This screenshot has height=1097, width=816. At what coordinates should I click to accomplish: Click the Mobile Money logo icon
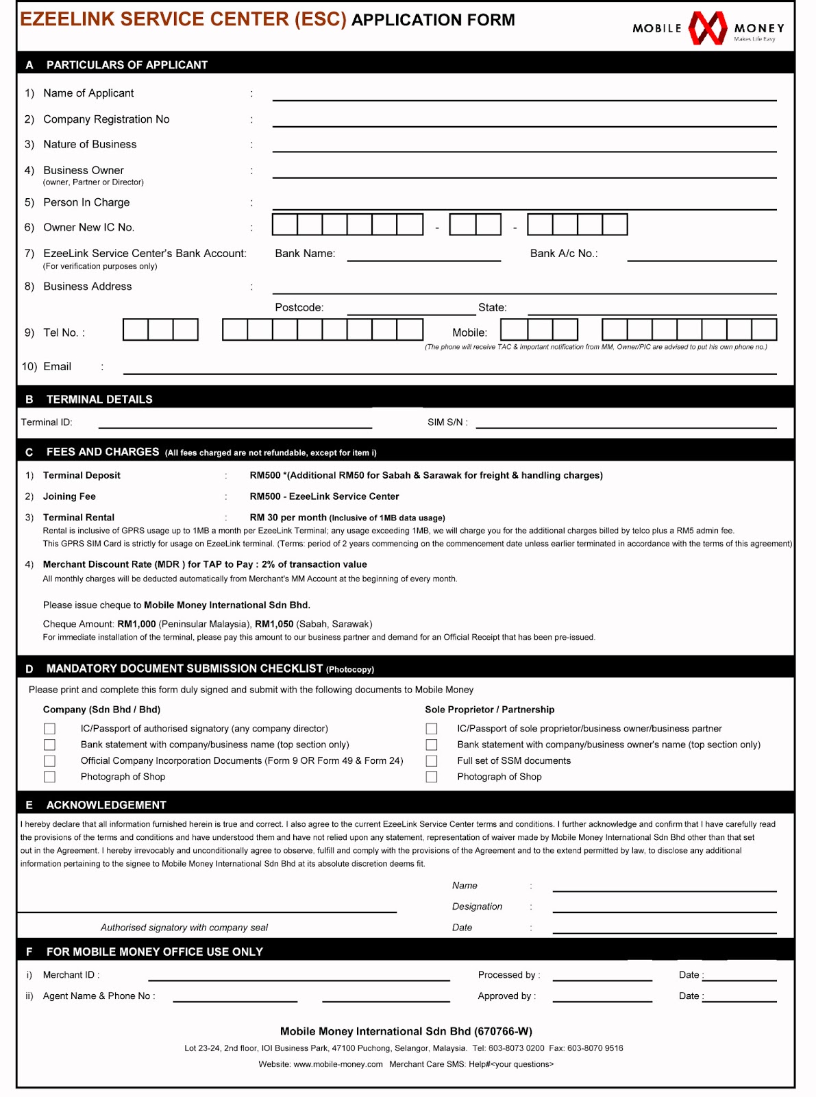click(707, 28)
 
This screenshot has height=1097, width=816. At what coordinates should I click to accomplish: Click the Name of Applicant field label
click(88, 93)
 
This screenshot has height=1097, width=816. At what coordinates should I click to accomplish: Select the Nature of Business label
click(90, 145)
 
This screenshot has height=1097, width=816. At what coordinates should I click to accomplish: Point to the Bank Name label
click(305, 254)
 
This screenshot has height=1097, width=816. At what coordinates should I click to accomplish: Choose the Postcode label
click(299, 308)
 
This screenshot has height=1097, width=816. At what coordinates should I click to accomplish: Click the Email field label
click(57, 367)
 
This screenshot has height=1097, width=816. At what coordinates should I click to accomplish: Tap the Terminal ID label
click(46, 422)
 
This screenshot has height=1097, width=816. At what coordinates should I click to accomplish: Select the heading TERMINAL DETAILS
click(99, 400)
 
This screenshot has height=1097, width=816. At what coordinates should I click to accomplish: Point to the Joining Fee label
click(69, 496)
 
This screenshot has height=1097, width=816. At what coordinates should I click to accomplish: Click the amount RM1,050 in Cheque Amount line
click(274, 625)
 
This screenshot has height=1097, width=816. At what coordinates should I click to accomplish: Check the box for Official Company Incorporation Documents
click(49, 761)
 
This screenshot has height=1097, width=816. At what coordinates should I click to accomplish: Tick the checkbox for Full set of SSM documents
click(432, 761)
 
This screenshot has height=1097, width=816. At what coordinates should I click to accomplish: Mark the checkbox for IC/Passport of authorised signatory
click(49, 729)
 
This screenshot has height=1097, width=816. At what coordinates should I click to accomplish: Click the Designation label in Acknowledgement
click(477, 906)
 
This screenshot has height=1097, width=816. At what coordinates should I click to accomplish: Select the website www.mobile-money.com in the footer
click(338, 1065)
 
